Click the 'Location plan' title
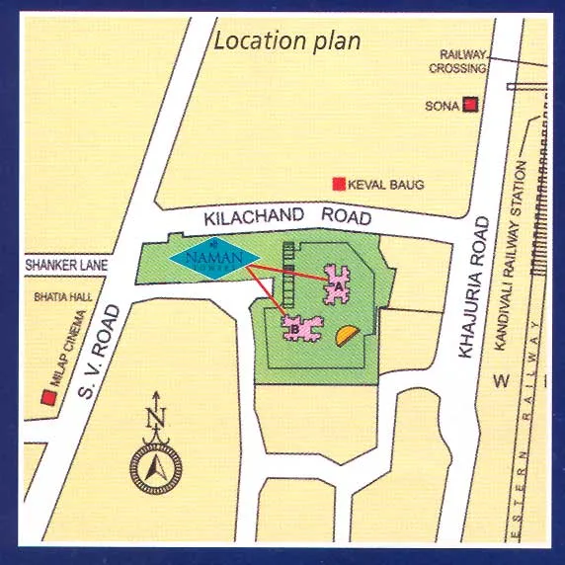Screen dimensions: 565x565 pos(287,41)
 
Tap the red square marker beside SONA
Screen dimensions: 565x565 pos(472,105)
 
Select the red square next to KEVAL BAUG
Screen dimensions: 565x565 pos(339,184)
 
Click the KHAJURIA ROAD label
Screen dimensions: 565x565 pos(471,287)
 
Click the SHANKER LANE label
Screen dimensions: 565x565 pos(66,266)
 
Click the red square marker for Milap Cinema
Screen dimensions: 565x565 pos(46,397)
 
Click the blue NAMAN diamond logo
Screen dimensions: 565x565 pos(214,258)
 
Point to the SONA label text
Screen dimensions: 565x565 pos(442,106)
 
